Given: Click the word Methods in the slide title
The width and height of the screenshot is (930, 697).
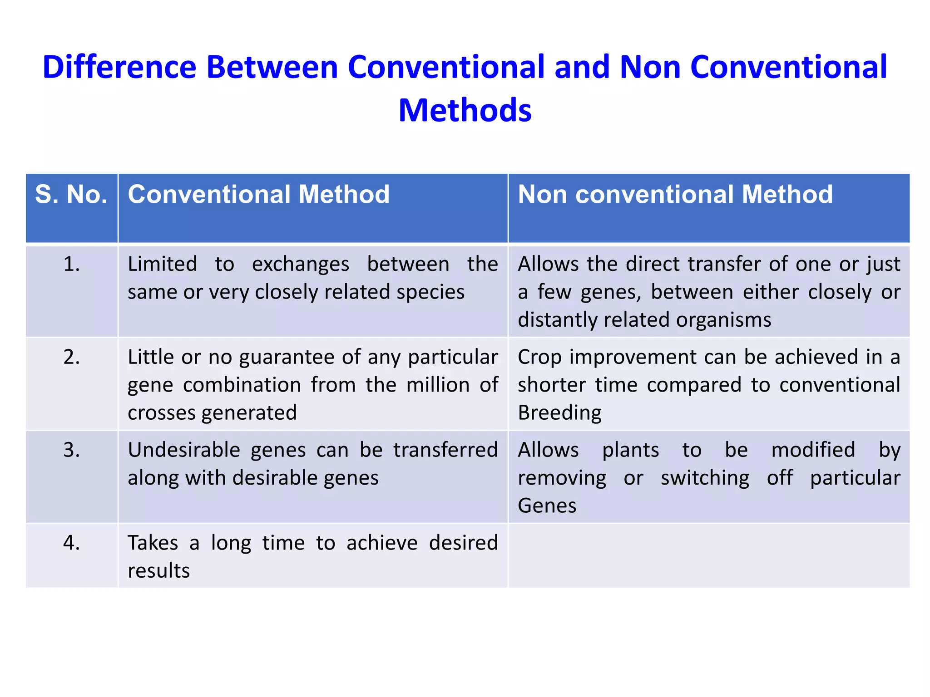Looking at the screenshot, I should tap(465, 110).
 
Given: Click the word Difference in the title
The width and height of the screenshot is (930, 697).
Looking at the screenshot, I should tap(119, 67).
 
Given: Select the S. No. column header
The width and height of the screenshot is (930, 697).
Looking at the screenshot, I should tap(71, 195).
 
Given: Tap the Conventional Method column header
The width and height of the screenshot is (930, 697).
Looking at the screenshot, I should tap(258, 195).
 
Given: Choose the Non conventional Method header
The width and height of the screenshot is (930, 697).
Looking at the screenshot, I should tap(675, 195).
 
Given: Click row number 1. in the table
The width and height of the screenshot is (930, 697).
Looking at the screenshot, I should tap(72, 264).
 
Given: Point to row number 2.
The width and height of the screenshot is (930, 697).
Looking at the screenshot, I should tap(72, 357).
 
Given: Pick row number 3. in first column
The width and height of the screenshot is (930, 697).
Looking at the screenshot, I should tap(72, 450).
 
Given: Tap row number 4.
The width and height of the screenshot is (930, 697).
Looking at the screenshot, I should tap(72, 543).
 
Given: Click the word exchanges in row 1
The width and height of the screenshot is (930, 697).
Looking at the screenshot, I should tap(301, 264).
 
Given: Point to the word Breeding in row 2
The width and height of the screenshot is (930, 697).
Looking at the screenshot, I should tap(559, 413).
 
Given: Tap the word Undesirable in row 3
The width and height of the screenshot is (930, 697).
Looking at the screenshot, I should tap(184, 450).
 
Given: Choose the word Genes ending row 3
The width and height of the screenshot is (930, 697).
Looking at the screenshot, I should tap(547, 506).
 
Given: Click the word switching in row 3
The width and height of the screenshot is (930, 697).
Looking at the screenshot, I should tap(705, 478).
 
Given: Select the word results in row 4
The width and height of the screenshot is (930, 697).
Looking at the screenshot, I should tap(158, 571).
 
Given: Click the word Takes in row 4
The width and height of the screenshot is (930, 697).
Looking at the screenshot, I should tap(153, 543).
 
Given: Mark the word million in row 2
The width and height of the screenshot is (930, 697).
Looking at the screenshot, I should tap(438, 385).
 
